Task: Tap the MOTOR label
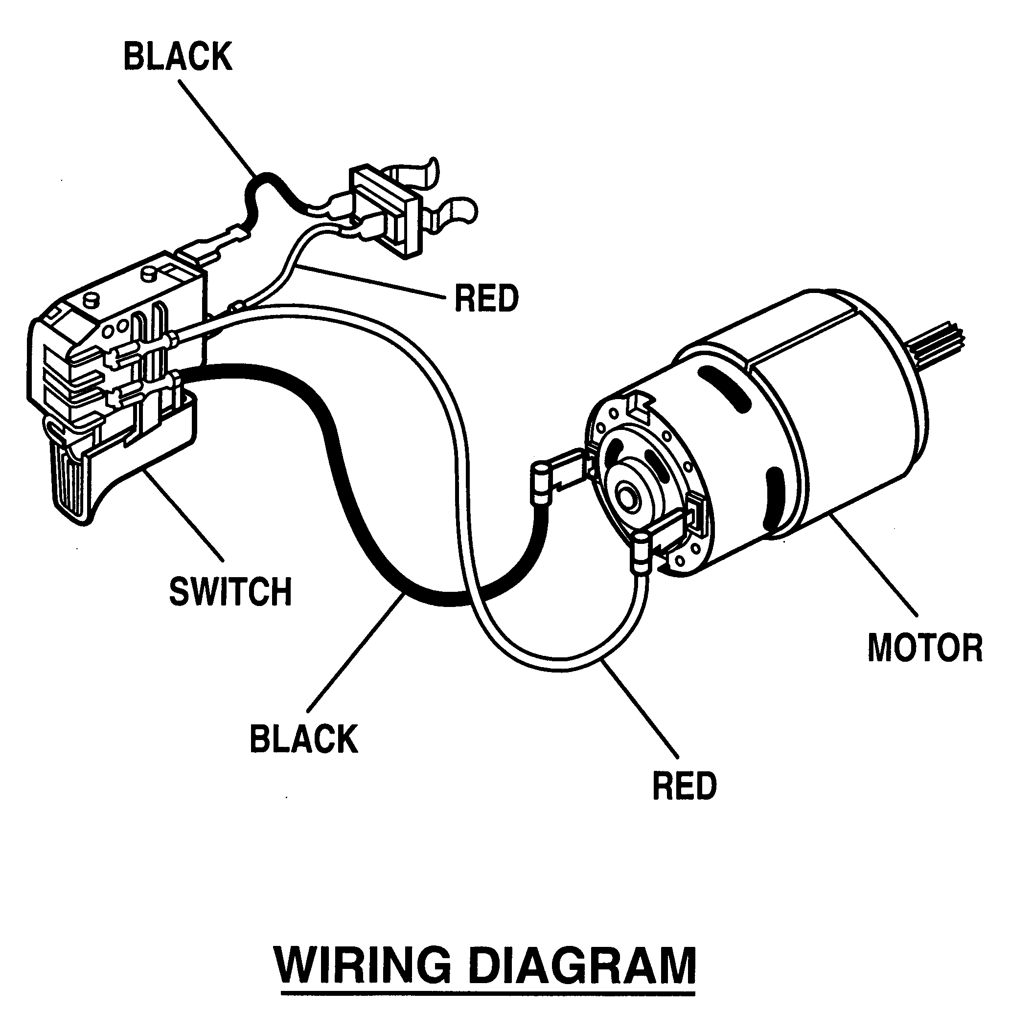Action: [925, 648]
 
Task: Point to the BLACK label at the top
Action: [178, 57]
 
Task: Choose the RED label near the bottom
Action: [684, 786]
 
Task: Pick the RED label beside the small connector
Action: [486, 299]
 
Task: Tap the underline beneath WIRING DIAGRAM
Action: [487, 992]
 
